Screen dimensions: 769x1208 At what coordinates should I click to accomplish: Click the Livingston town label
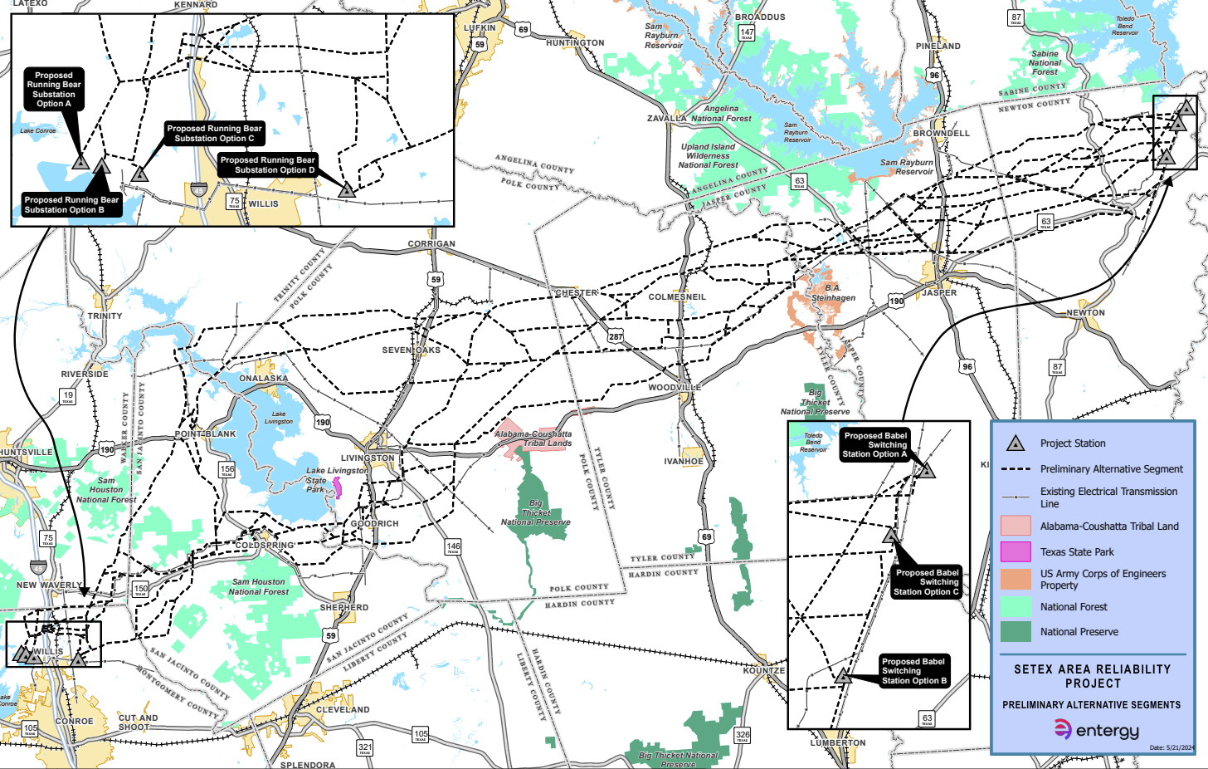click(x=368, y=458)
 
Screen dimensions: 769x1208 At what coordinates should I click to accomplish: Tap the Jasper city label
click(x=939, y=292)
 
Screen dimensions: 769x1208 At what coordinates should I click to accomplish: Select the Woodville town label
click(x=675, y=387)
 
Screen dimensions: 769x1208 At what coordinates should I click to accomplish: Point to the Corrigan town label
click(x=431, y=244)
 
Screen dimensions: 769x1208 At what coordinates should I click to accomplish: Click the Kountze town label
click(x=763, y=670)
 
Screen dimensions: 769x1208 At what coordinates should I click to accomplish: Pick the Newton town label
click(x=1085, y=312)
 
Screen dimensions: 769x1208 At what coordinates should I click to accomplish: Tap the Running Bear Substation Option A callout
click(x=54, y=89)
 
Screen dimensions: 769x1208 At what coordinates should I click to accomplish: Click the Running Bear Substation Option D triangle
click(x=347, y=190)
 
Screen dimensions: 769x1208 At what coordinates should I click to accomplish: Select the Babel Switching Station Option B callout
click(x=914, y=671)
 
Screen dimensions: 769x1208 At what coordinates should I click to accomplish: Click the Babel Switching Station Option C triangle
click(x=891, y=536)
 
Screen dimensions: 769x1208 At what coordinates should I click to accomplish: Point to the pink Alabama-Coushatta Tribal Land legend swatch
click(x=1016, y=526)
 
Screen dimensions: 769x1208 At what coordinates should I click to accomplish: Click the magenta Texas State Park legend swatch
click(x=1016, y=551)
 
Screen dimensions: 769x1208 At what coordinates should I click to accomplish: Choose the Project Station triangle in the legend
click(x=1016, y=443)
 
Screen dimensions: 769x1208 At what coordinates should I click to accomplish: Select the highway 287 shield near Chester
click(x=615, y=336)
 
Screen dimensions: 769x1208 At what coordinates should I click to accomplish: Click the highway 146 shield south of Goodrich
click(x=453, y=547)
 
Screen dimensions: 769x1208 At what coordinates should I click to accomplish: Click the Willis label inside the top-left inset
click(x=264, y=203)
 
